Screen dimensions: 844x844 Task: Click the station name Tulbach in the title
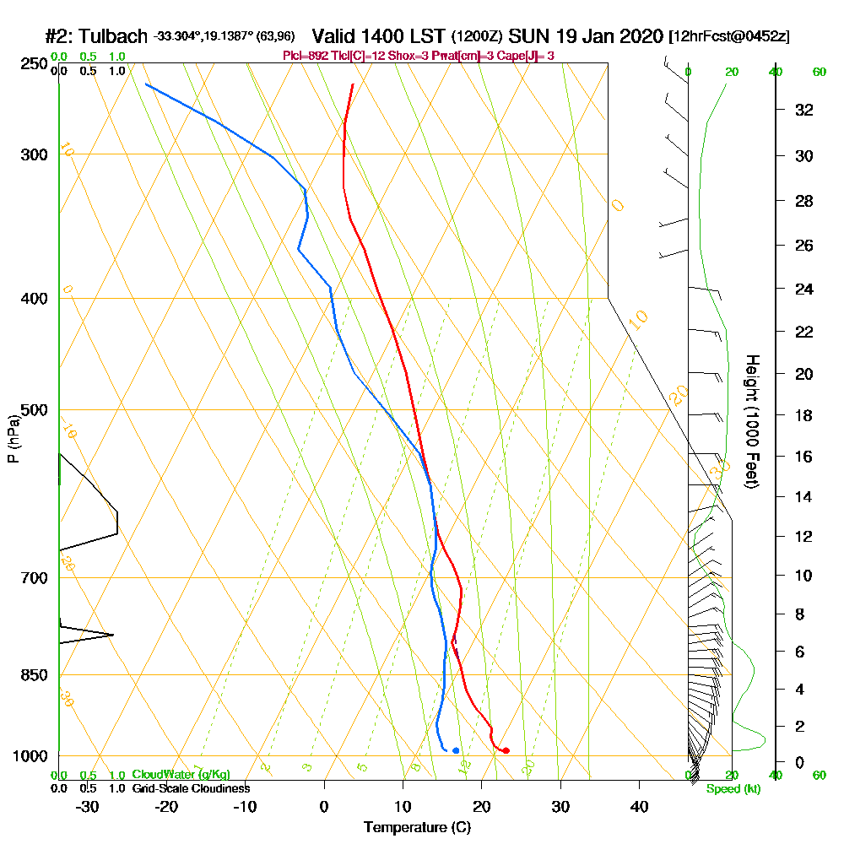(111, 37)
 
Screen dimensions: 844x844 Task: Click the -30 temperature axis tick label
(87, 806)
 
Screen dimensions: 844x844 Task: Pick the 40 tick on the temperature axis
(640, 806)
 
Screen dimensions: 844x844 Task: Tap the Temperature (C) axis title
(417, 827)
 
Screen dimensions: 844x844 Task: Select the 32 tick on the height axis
(804, 110)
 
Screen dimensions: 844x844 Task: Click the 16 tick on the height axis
(804, 457)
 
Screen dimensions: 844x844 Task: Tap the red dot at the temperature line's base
(506, 750)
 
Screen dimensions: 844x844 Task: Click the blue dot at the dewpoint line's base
(456, 750)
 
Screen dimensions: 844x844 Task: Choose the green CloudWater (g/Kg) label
(181, 775)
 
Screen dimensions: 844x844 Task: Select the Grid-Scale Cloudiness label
(190, 788)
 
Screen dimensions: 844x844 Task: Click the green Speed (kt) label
(732, 789)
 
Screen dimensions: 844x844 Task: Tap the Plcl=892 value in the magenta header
(304, 56)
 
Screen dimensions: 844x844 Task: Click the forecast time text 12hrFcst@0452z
(729, 38)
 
